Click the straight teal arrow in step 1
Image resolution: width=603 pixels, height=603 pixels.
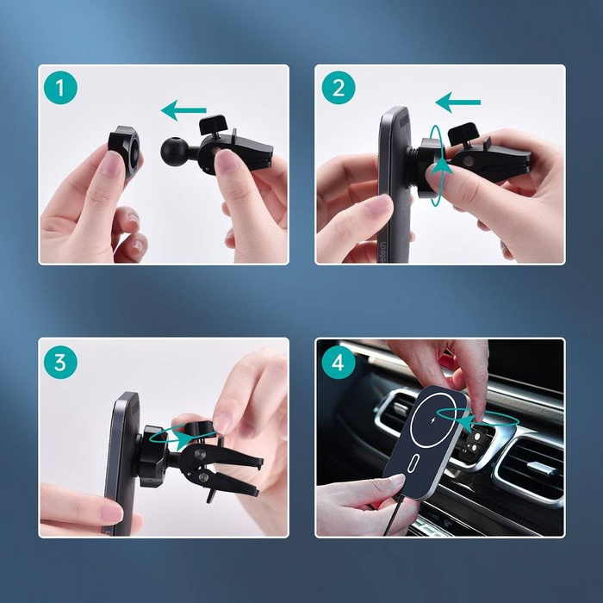pos(183,110)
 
